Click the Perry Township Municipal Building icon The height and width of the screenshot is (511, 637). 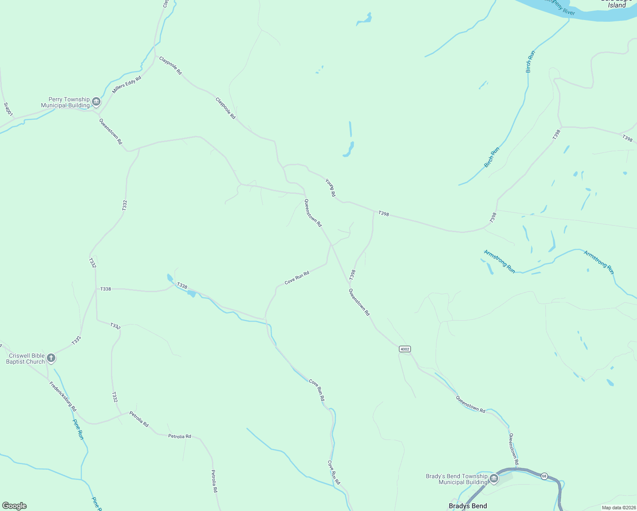click(96, 102)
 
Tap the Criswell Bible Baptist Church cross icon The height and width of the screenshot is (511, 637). click(51, 358)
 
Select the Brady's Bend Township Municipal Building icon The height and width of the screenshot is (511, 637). click(494, 479)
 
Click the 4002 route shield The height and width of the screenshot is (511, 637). click(405, 349)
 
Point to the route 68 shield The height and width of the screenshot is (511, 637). click(544, 476)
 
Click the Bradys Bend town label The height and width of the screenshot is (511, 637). click(468, 506)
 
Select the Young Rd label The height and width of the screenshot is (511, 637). click(330, 187)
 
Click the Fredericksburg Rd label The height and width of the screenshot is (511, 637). click(63, 396)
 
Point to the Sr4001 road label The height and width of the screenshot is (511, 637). click(8, 109)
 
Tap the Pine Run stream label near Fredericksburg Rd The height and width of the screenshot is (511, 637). click(78, 429)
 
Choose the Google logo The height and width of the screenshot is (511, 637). click(14, 506)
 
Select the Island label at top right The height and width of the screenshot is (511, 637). click(617, 6)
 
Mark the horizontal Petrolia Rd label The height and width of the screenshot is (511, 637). click(179, 436)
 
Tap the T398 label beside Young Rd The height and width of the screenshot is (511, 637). click(384, 213)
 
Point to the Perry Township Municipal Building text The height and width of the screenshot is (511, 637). click(66, 102)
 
